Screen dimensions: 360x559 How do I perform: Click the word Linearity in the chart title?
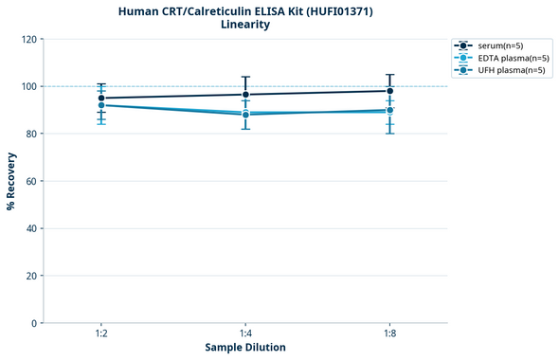click(x=245, y=25)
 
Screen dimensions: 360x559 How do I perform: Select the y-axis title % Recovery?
click(x=11, y=181)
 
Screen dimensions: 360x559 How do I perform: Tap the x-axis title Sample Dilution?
click(x=245, y=348)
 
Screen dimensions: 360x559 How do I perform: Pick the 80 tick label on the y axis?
click(x=30, y=134)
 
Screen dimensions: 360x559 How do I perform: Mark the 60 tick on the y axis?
click(x=30, y=181)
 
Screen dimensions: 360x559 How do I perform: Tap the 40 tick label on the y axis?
click(x=30, y=228)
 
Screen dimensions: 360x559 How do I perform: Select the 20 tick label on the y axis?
click(x=30, y=276)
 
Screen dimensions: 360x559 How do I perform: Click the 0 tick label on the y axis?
click(x=33, y=323)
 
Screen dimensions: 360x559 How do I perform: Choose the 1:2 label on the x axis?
click(x=101, y=333)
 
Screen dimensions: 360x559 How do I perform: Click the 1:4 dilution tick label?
click(x=245, y=333)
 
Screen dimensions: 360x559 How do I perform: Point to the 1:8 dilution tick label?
click(x=389, y=333)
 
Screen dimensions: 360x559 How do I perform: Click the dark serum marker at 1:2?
click(x=101, y=98)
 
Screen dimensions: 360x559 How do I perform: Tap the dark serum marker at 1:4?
click(x=245, y=94)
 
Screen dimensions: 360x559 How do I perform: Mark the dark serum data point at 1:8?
click(x=389, y=91)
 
